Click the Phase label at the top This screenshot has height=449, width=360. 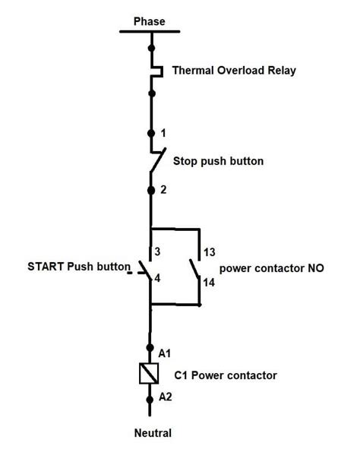click(x=149, y=21)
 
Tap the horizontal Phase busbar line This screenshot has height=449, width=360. click(x=150, y=32)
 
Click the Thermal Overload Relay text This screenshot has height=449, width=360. click(x=234, y=71)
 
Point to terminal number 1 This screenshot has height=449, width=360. click(x=163, y=133)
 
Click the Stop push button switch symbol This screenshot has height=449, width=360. click(x=157, y=160)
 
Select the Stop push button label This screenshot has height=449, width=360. click(x=218, y=161)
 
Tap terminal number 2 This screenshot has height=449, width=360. click(x=163, y=190)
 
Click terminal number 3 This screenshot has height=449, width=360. click(x=158, y=252)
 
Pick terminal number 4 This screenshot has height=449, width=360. click(x=157, y=278)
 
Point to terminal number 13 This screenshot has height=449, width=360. click(x=210, y=252)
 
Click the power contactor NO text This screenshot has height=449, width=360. click(x=271, y=268)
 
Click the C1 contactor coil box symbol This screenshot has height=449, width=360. click(x=150, y=373)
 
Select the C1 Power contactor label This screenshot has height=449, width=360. click(x=226, y=375)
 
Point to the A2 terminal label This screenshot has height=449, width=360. click(x=165, y=397)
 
